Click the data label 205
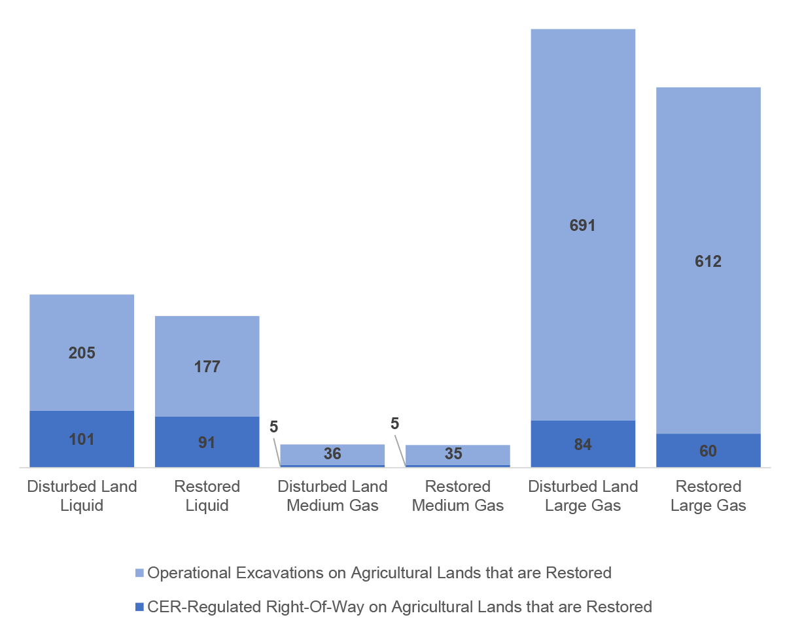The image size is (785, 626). pos(82,353)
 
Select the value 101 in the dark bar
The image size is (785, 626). pos(82,440)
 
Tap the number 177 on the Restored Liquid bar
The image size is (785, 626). pos(207,367)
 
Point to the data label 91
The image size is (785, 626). pos(207,443)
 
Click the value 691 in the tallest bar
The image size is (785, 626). pos(582,226)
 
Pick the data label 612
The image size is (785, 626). pos(708,262)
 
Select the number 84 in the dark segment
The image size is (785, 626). pos(582,445)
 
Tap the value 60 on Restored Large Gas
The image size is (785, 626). pos(708,451)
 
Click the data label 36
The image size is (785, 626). pos(332,454)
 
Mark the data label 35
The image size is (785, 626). pos(458,454)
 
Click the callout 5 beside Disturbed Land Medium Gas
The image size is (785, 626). pos(273,427)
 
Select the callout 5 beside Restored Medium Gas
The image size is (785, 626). pos(394,424)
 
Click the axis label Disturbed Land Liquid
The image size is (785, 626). pos(82,496)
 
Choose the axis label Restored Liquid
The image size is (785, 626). pos(207,496)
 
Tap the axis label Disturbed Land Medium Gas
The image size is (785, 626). pos(332,496)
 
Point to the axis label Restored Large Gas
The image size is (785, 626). pos(708,496)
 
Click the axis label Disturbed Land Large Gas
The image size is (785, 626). pos(582,496)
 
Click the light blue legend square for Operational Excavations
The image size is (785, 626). pos(139,574)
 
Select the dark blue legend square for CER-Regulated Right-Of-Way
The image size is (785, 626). pos(139,608)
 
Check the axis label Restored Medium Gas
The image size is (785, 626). pos(458,496)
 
